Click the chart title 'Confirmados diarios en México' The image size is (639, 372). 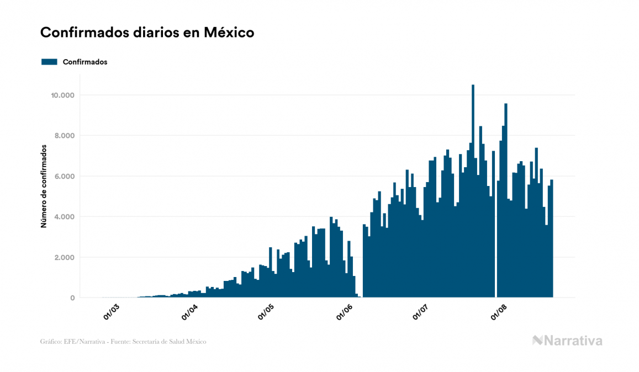147,33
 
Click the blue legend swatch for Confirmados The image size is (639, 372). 49,62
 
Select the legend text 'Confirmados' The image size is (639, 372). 85,62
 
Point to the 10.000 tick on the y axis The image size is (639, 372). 62,95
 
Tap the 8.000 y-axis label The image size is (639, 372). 64,136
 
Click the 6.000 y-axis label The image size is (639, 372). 64,177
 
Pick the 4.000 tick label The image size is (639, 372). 64,217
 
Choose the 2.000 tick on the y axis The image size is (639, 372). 64,258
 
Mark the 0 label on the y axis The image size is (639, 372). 72,298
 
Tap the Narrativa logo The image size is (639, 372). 567,341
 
